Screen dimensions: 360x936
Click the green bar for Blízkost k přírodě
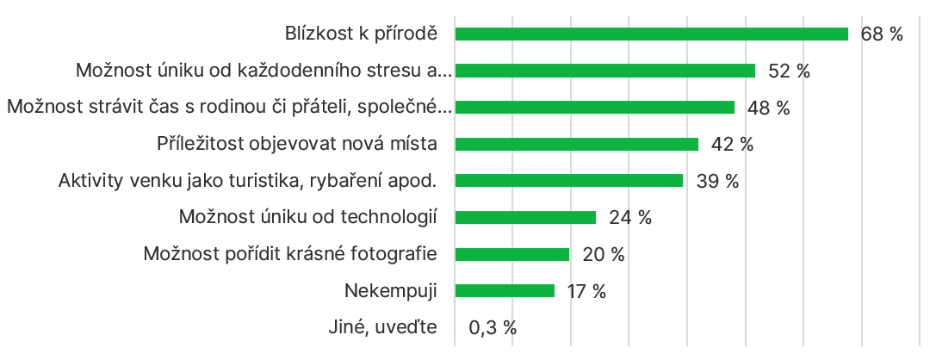click(x=651, y=34)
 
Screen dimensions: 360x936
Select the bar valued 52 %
click(x=604, y=71)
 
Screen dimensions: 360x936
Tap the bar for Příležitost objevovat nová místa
click(x=576, y=144)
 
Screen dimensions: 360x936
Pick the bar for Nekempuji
click(x=505, y=291)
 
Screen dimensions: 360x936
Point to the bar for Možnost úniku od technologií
click(x=525, y=217)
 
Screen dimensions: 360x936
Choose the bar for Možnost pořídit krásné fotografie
click(x=511, y=254)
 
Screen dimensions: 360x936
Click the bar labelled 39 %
click(x=568, y=181)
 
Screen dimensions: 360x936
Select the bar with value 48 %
click(x=594, y=107)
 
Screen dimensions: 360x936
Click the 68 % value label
click(x=882, y=34)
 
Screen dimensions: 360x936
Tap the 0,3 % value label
click(x=493, y=328)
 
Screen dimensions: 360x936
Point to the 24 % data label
click(x=629, y=218)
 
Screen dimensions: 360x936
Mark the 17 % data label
click(x=586, y=291)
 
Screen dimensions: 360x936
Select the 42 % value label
click(x=732, y=144)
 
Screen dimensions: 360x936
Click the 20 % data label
click(x=603, y=254)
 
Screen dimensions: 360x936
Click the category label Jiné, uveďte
click(x=383, y=327)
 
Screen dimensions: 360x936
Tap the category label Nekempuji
click(x=390, y=291)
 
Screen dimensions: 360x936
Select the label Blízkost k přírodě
click(x=361, y=34)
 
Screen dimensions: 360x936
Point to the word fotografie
click(x=396, y=254)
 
